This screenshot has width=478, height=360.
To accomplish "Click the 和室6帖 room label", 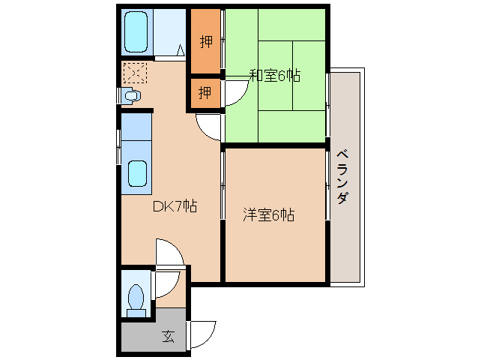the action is tap(275, 75).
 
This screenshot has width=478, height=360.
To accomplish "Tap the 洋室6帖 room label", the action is tap(268, 214).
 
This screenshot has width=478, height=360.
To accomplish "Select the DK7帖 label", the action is tap(175, 206).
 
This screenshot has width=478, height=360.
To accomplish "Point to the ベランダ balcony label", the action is tap(342, 176).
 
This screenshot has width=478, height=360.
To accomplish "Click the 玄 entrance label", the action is tap(169, 336).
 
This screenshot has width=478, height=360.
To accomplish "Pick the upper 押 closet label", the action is tap(206, 41).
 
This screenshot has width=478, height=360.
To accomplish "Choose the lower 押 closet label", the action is tap(205, 91).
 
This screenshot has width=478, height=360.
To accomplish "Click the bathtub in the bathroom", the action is tap(136, 31).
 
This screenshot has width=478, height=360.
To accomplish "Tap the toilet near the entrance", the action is tap(136, 301).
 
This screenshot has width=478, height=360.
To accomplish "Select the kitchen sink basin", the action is tap(137, 173).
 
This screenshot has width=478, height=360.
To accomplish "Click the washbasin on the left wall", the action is tap(131, 95).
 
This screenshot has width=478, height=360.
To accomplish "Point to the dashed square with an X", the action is tap(135, 73).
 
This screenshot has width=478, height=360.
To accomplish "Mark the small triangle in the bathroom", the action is tap(181, 50).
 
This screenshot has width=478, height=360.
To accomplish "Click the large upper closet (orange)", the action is tap(206, 41).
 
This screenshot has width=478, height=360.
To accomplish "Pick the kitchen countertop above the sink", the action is tap(136, 127).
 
